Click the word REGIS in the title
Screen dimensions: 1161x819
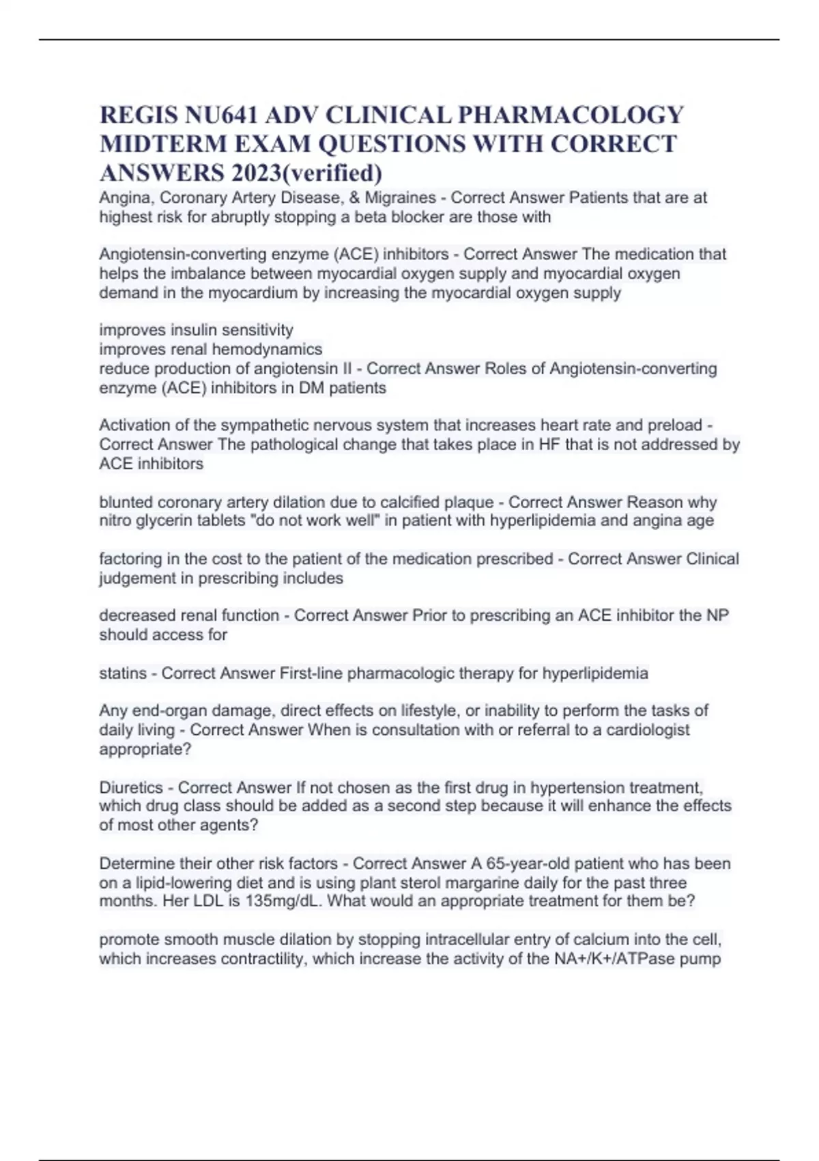click(139, 115)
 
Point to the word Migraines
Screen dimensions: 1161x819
click(401, 198)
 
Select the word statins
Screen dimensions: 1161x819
click(122, 673)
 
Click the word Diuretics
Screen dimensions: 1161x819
click(131, 787)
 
